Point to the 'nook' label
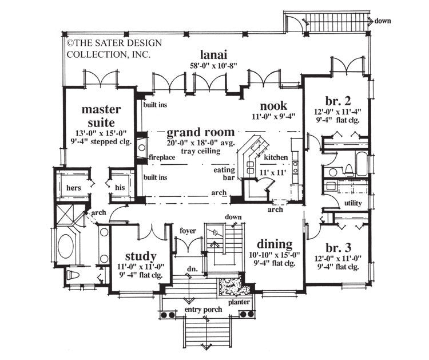pyautogui.click(x=273, y=106)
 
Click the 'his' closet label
pyautogui.click(x=120, y=187)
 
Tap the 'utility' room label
pyautogui.click(x=353, y=204)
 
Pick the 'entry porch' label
pyautogui.click(x=204, y=310)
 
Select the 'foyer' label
pyautogui.click(x=188, y=231)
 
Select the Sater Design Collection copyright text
pyautogui.click(x=108, y=48)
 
